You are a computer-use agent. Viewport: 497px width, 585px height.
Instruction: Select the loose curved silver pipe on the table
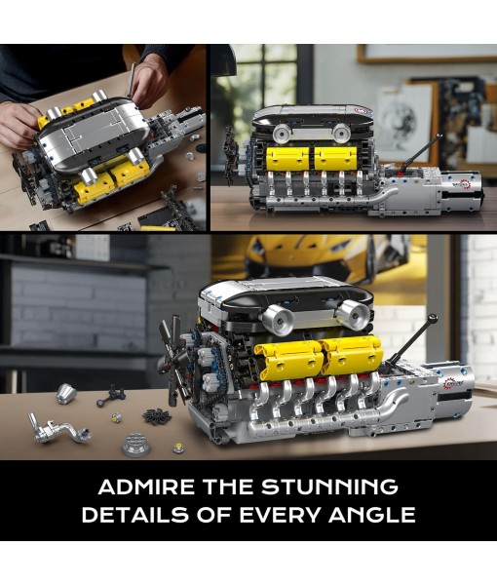(x=61, y=429)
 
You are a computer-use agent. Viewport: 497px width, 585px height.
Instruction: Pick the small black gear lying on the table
(x=156, y=416)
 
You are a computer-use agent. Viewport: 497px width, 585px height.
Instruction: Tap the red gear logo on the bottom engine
(x=453, y=383)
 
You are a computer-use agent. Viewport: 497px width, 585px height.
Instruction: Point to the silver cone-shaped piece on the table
(x=66, y=393)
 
